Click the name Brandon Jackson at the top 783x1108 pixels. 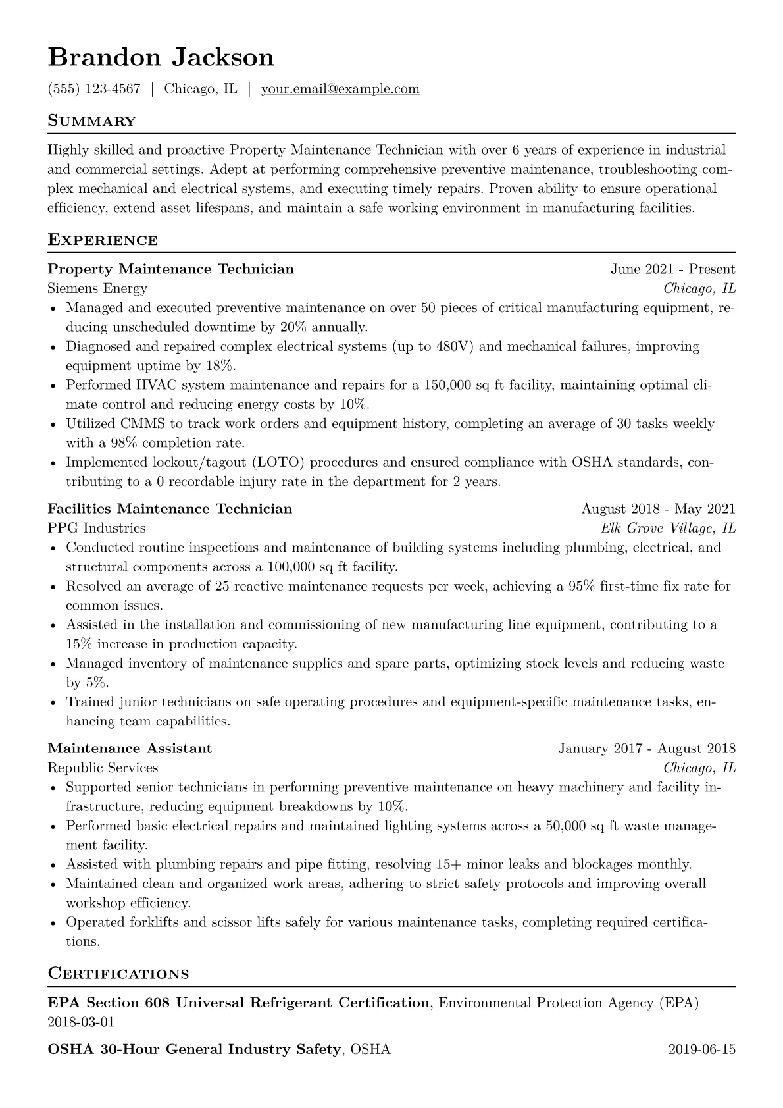click(x=161, y=57)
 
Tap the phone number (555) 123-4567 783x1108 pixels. click(x=94, y=89)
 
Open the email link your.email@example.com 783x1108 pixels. click(x=340, y=89)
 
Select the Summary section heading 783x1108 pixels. click(x=91, y=121)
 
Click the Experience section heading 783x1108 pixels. click(x=103, y=240)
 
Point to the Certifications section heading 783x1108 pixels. click(x=118, y=974)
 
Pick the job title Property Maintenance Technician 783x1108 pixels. click(x=170, y=269)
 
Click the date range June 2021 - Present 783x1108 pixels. click(x=672, y=269)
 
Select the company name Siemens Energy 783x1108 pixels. click(x=97, y=288)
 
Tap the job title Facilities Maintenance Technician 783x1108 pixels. click(x=170, y=509)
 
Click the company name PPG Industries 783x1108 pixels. click(x=97, y=528)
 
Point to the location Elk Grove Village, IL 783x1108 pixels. click(x=668, y=528)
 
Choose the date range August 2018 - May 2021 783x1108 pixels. click(x=658, y=509)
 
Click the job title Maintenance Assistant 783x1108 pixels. click(x=130, y=749)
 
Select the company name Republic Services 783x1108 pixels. click(x=103, y=768)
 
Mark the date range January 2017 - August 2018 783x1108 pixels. click(x=647, y=749)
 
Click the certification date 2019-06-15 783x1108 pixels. click(x=701, y=1049)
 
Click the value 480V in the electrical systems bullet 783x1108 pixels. click(x=455, y=346)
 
